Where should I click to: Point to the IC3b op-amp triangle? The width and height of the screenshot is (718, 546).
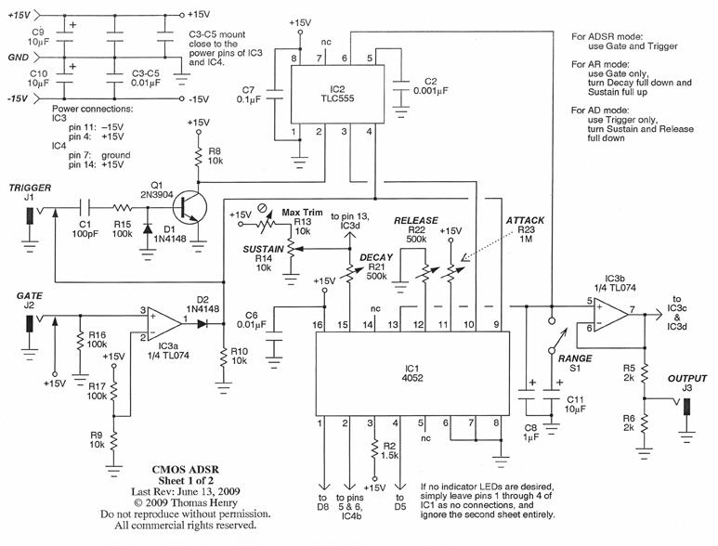point(609,316)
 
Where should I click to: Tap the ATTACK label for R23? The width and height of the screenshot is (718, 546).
point(525,219)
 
